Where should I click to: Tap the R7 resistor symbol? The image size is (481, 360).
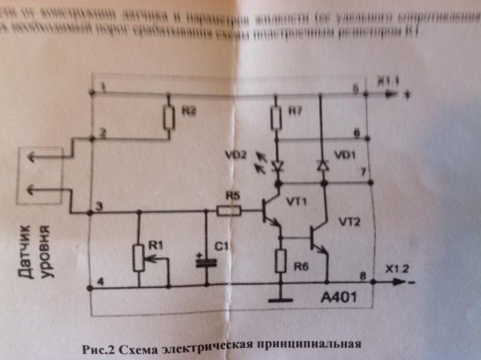(x=277, y=117)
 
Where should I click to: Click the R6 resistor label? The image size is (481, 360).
(x=300, y=267)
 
